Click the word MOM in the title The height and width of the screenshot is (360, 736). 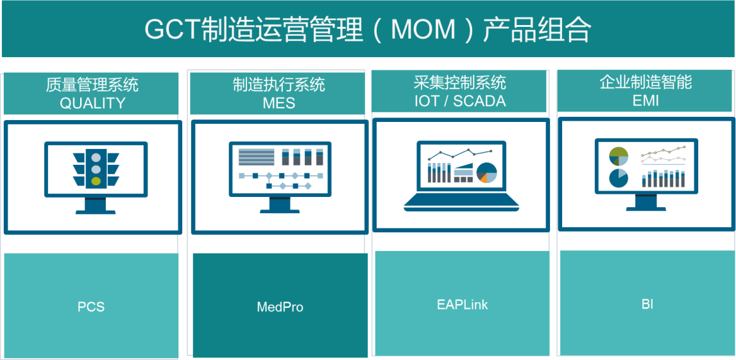point(423,30)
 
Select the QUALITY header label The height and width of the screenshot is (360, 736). point(92,103)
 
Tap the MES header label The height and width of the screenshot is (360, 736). point(279,103)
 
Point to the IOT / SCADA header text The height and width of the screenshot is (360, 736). point(460,101)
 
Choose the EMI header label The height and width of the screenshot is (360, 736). point(646,101)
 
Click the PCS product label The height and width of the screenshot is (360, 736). point(91,307)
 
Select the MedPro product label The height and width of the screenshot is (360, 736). point(280,307)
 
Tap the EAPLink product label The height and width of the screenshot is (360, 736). point(463,305)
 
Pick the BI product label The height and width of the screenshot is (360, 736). point(647,304)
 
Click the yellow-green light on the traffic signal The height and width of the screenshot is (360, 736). point(96,181)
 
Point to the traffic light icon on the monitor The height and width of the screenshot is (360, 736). point(96,169)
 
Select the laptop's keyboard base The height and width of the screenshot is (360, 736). point(461,202)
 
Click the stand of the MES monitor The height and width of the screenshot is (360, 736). point(280,205)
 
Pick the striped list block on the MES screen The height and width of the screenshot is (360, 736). point(256,157)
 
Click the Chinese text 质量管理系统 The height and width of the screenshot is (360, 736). point(92,85)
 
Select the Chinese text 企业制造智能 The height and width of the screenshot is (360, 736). point(646,83)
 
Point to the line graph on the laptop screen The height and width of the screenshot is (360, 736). point(460,153)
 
